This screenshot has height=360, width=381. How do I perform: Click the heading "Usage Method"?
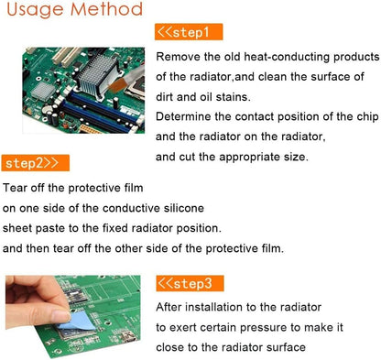click(72, 11)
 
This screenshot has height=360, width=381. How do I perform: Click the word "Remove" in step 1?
click(178, 57)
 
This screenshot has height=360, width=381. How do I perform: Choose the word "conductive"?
click(135, 207)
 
